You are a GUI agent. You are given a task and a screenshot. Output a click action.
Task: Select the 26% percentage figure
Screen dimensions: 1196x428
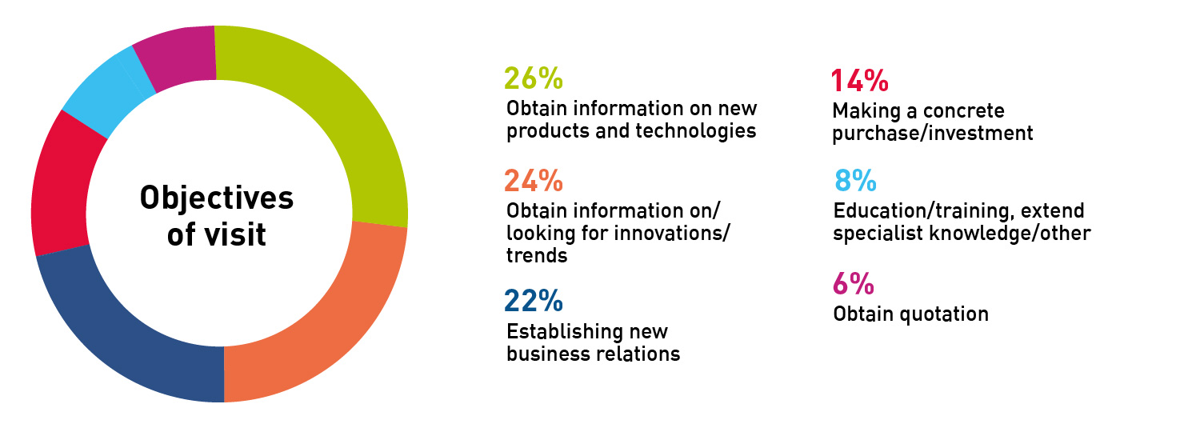coord(534,78)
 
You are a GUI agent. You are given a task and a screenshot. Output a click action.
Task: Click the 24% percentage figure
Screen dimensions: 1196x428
coord(534,180)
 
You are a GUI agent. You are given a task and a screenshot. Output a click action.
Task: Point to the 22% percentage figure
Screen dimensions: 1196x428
coord(534,301)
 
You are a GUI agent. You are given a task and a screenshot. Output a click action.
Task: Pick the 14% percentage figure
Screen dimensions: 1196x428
coord(860,81)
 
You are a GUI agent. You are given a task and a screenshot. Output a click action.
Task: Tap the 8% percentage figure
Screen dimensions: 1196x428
coord(855,180)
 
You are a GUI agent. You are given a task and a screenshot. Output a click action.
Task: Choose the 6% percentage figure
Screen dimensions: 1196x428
coord(854,283)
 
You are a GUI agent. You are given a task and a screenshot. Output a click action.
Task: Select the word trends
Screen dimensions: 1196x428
coord(537,256)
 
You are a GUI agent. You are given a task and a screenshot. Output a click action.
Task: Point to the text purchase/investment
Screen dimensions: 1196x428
coord(932,134)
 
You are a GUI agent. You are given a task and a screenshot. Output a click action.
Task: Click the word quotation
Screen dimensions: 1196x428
coord(944,314)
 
